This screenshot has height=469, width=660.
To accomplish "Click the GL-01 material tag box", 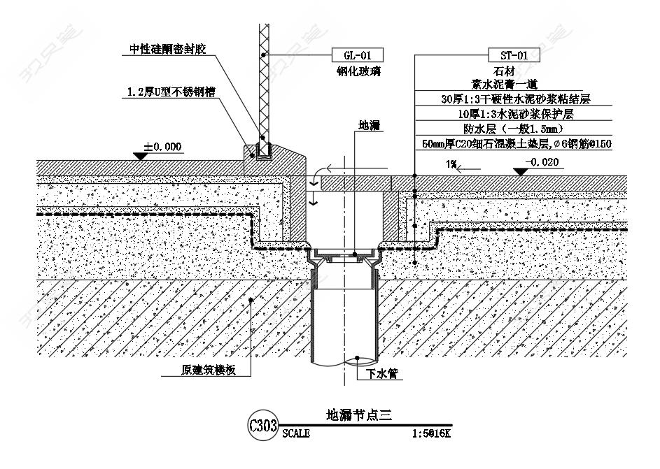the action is coord(358,55).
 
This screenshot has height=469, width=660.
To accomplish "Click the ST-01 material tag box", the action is coord(514,55).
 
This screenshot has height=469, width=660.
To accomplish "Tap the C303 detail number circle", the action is coord(263,425).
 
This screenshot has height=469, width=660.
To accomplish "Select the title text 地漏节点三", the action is coord(359,415).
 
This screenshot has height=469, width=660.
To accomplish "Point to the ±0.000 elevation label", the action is coord(162,147).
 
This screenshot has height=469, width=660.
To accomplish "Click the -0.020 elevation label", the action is coord(542,161).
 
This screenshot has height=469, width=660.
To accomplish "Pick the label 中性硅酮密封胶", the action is coord(167,49).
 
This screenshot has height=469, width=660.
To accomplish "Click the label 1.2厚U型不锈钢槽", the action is coord(171,92).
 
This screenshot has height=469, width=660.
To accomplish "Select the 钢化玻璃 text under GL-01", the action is coord(358,71).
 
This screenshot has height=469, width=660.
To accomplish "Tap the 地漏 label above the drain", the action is coord(369,125).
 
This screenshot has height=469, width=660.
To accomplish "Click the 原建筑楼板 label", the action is coord(209,370).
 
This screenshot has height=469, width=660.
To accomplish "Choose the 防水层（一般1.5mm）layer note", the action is coord(513,129).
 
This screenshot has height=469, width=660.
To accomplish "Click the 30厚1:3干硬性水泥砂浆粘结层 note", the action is coord(516,99).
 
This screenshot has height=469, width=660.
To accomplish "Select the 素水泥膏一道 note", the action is coord(504,84).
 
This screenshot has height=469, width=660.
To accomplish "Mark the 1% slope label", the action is coord(451,164).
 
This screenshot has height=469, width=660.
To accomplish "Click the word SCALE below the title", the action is coord(296,433).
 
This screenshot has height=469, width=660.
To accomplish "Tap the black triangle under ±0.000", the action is coord(140,156).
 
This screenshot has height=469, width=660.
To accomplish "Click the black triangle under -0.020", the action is coord(521,171).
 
